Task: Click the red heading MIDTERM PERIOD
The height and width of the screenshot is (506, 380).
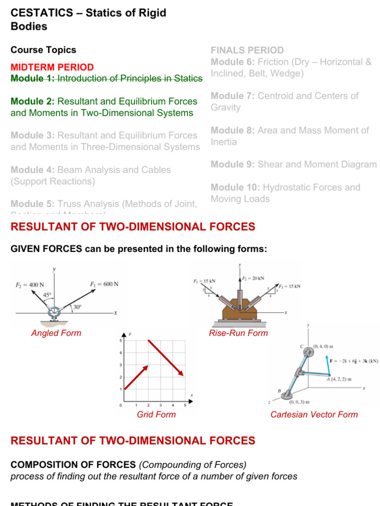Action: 52,67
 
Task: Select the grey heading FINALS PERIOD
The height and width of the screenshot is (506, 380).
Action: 247,50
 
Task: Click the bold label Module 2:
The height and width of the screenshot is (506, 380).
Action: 33,102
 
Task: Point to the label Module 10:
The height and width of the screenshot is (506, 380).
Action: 236,187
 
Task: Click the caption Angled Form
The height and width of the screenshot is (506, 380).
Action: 56,333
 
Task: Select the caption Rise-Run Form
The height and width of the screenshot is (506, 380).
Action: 238,333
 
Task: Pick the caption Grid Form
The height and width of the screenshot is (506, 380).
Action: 156,415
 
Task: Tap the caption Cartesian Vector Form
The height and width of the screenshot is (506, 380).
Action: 314,415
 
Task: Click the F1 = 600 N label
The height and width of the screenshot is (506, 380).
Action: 104,285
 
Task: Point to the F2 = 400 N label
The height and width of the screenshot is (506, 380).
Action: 30,285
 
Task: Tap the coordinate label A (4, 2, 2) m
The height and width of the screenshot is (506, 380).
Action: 339,379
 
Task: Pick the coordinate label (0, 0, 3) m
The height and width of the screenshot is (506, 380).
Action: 299,402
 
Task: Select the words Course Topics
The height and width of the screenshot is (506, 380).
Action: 44,50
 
